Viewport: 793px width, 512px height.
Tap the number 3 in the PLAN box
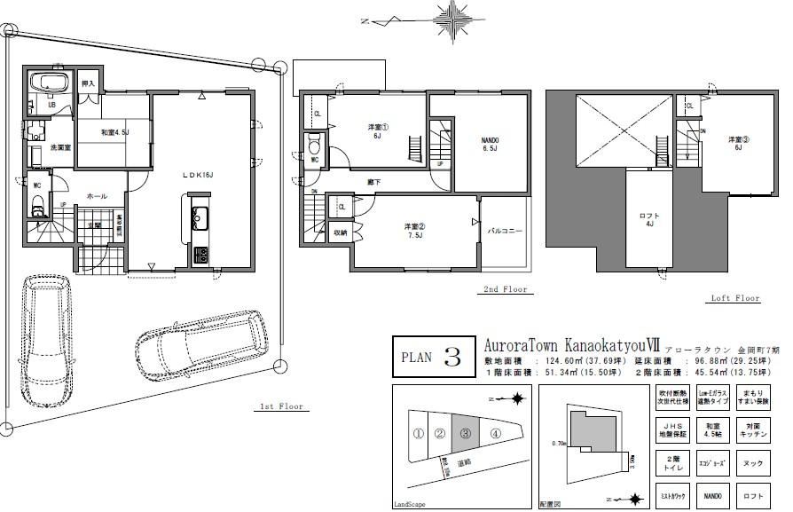(452, 358)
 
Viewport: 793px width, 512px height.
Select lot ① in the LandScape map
(417, 434)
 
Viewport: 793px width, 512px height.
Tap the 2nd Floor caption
(505, 289)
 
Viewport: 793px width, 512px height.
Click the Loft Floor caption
(735, 299)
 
